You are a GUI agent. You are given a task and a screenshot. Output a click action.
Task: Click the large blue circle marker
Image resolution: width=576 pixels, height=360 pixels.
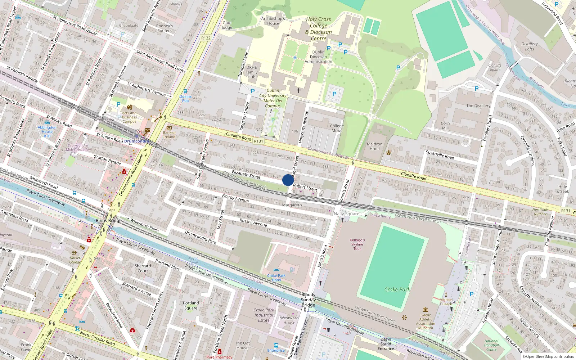point(288,180)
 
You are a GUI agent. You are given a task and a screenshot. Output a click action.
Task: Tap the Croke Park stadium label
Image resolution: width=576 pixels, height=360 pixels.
point(397,289)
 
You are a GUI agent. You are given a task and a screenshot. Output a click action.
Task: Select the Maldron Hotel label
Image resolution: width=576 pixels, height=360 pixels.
point(374,146)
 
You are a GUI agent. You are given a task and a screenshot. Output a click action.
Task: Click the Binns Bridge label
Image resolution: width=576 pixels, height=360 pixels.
point(109,220)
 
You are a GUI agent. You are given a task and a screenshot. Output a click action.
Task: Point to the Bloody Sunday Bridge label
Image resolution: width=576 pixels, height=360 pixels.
point(309,300)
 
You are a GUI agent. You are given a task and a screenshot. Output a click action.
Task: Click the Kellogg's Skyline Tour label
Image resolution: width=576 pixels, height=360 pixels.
point(357,244)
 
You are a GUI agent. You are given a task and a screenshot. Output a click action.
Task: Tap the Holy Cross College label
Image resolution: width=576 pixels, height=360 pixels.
point(319,29)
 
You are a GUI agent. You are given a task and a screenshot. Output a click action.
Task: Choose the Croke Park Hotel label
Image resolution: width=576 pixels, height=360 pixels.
point(276,278)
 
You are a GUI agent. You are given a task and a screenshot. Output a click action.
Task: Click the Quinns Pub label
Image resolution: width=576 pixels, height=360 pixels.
point(185,98)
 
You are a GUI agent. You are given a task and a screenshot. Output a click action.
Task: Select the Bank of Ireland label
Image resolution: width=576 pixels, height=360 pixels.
point(169,135)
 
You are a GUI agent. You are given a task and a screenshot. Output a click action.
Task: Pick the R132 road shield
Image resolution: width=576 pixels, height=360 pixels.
point(206,38)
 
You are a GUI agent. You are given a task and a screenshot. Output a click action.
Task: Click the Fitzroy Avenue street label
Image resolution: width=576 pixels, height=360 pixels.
point(235,198)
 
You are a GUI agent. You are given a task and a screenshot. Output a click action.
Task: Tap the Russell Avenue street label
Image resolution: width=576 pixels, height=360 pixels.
point(253,222)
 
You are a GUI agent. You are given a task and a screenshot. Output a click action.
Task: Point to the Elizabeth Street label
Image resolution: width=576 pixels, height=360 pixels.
point(246,174)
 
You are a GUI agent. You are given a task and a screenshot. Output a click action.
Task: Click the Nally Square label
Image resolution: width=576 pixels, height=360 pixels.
point(346,213)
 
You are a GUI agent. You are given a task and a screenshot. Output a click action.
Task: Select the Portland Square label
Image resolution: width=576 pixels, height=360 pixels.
point(191,305)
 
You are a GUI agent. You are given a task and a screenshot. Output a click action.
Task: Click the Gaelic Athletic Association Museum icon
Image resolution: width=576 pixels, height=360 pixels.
point(426,310)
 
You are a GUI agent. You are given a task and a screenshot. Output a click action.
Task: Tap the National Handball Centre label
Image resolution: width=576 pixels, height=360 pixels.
point(491,345)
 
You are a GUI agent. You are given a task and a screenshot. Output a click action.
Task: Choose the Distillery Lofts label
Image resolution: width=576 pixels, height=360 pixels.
point(530,46)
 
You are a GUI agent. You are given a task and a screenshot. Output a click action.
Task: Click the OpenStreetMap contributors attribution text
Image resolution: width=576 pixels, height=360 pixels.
point(548,356)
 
